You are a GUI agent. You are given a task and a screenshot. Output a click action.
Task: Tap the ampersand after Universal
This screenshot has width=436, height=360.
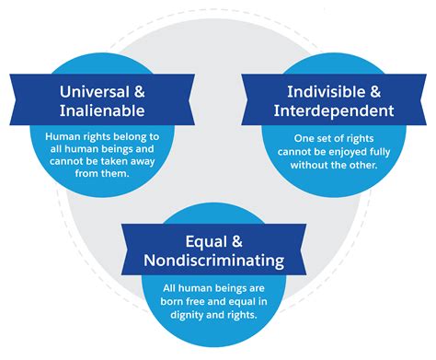pyautogui.click(x=142, y=92)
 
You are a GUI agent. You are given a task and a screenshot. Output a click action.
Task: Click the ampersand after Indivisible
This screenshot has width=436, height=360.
pyautogui.click(x=379, y=92)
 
